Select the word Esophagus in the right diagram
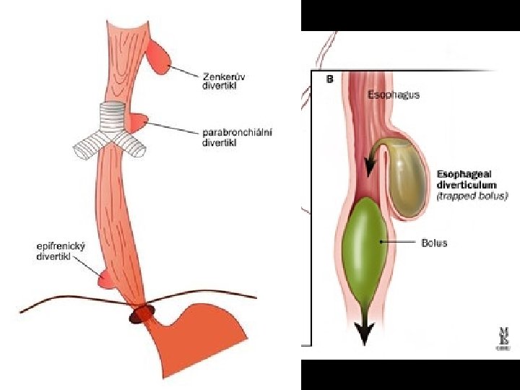coord(394,95)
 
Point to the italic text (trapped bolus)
coord(472,196)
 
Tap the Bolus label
coord(434,243)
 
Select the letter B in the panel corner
coord(330,80)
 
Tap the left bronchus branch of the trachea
coord(87,147)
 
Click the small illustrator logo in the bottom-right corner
coord(501,337)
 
